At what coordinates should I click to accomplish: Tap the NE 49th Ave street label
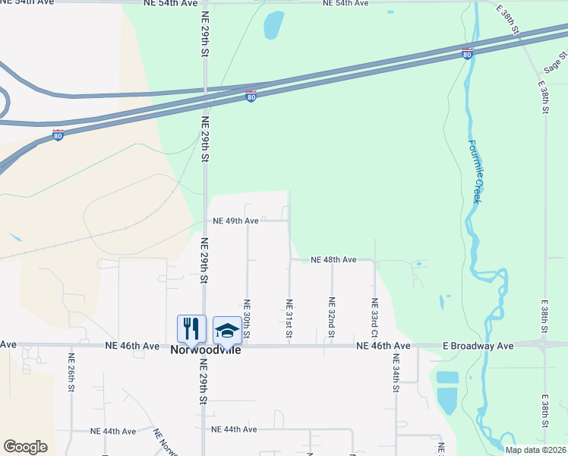pos(237,221)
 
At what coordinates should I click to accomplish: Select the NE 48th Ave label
pos(333,260)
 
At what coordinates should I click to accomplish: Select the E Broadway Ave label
pos(478,346)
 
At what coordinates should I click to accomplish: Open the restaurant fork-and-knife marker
pos(191,329)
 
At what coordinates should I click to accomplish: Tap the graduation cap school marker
pos(227,329)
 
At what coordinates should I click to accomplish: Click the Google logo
pos(26,447)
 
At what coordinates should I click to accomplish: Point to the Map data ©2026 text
pos(535,450)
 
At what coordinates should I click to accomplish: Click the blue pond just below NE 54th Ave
pos(273,24)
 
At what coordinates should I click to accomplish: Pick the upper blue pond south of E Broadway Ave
pos(448,377)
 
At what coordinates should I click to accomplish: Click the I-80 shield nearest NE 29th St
pos(251,97)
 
